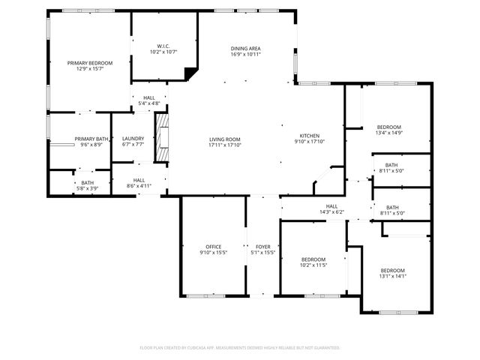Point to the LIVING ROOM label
224,139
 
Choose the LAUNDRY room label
133,138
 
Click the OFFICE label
214,247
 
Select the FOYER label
262,247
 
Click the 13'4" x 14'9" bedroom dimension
388,133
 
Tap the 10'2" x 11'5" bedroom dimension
313,264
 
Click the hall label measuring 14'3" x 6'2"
331,212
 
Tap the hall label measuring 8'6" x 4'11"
139,185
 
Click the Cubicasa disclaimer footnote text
240,348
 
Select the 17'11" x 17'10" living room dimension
224,145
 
